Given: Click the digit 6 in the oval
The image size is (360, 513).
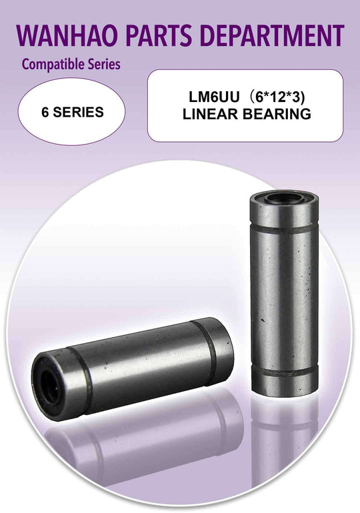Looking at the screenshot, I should click(45, 112).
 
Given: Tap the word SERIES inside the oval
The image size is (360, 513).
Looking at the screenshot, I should click(79, 112).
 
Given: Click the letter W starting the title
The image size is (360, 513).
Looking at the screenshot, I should click(27, 35).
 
